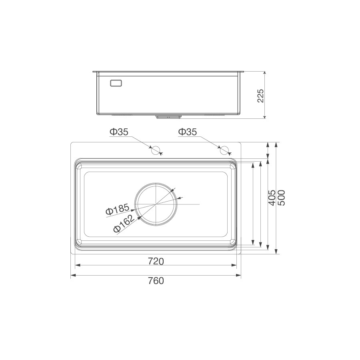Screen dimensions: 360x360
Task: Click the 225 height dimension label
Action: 260,96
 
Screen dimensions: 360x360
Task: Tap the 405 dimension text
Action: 272,198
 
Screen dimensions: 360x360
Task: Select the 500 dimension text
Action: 282,198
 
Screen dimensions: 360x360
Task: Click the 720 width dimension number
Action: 156,261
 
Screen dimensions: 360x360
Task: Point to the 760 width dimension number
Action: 156,280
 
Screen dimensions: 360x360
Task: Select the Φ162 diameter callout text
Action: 124,224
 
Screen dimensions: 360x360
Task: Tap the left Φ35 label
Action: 119,132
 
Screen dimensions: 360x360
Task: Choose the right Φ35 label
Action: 188,132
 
